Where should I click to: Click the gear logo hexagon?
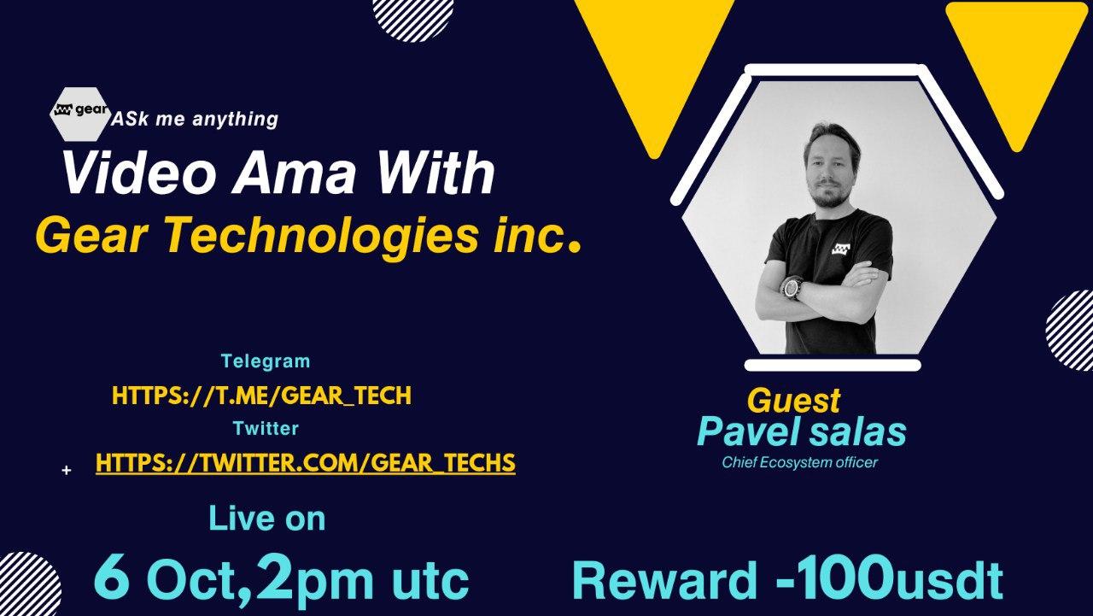80,114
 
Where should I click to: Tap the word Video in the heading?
138,173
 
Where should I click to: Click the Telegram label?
266,361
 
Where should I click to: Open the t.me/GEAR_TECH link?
261,396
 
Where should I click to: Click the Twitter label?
266,428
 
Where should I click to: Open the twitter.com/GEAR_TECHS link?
306,463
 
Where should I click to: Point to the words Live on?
267,519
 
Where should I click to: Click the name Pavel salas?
802,431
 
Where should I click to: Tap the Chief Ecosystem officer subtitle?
800,462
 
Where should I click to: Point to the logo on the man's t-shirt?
840,249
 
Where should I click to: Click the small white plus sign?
67,470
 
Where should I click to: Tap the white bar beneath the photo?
833,365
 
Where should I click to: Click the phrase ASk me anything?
195,119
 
